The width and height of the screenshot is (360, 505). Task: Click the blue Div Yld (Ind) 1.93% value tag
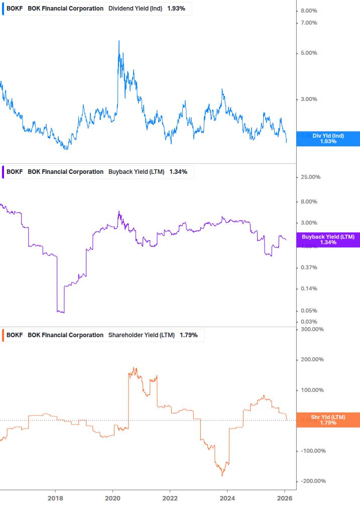(x=328, y=139)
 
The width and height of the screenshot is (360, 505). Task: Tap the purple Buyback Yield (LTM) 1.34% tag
(x=328, y=240)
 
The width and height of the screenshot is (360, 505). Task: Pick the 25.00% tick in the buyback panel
(x=310, y=177)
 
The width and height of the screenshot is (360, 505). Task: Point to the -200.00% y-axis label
(x=312, y=481)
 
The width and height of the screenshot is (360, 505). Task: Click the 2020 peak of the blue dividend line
(x=118, y=41)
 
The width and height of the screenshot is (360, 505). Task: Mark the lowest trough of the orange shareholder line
(x=222, y=475)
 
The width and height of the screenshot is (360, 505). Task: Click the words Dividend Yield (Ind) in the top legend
(x=135, y=9)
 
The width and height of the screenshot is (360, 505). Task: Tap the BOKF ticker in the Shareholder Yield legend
(x=15, y=335)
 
